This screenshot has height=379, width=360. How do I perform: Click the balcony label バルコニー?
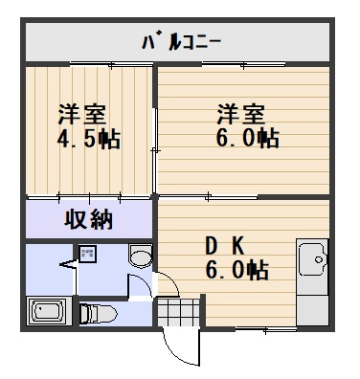click(x=182, y=42)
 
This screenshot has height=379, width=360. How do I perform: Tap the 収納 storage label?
click(x=89, y=219)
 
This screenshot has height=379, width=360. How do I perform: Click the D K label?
click(x=226, y=244)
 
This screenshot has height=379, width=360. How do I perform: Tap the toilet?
click(x=99, y=312)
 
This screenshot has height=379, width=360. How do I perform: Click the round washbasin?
click(x=140, y=256)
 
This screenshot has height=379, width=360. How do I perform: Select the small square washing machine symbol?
click(x=87, y=256)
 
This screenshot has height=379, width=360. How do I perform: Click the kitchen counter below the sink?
click(x=312, y=301)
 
